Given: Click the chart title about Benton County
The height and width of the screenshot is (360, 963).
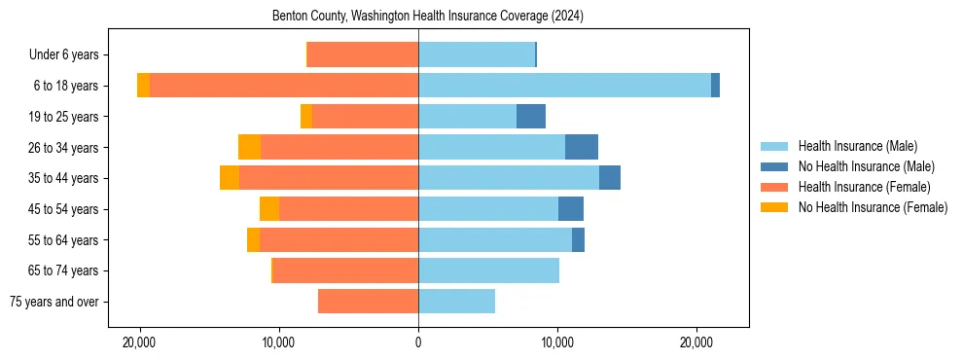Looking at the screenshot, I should (x=418, y=16).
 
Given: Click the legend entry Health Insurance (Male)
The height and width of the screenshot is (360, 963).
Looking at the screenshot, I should (x=857, y=146).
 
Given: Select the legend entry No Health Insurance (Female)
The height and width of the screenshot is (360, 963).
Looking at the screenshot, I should (x=873, y=207).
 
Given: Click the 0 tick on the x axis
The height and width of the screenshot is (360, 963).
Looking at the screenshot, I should (x=418, y=343).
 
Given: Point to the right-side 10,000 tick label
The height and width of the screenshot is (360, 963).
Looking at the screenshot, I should (x=557, y=343).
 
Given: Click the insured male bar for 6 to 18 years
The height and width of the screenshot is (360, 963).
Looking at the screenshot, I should (x=564, y=86).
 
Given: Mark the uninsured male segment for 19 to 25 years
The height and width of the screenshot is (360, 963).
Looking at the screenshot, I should (x=531, y=117).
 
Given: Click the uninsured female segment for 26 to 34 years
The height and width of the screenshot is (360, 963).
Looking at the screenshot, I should (x=250, y=147).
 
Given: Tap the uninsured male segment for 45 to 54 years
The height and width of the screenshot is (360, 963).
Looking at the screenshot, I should (x=571, y=209).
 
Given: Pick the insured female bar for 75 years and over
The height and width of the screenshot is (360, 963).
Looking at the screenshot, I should (x=368, y=302).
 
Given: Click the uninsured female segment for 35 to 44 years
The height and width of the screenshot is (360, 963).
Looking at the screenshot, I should (x=230, y=178).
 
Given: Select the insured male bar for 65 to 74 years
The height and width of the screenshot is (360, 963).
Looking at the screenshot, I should (x=488, y=270).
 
